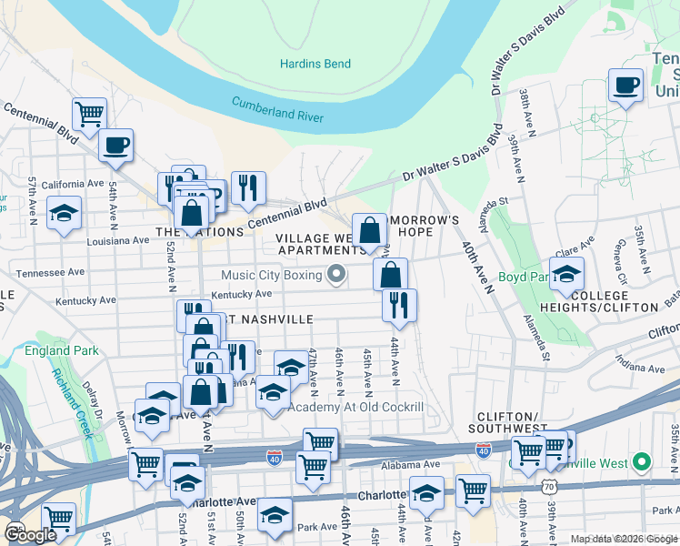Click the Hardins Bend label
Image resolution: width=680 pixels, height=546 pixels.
pos(315,64)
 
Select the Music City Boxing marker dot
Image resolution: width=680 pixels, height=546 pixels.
pos(337,274)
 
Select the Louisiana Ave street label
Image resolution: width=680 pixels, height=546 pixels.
pos(118,241)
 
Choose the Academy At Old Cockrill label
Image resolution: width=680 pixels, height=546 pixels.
pos(355,407)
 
